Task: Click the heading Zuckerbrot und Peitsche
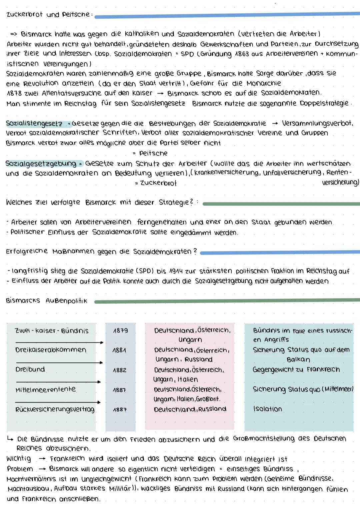48,14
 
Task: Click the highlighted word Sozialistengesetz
34,124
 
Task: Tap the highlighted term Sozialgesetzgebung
41,164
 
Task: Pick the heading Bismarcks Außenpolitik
47,301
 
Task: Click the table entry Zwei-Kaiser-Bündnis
52,331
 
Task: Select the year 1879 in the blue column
120,331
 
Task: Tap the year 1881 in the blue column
119,350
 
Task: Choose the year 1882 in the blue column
119,370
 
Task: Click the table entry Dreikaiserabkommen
51,350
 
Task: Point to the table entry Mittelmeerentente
46,389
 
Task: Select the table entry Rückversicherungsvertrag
55,409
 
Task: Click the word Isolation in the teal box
267,409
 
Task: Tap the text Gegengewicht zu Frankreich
296,370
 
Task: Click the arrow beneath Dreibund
58,382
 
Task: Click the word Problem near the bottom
20,469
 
